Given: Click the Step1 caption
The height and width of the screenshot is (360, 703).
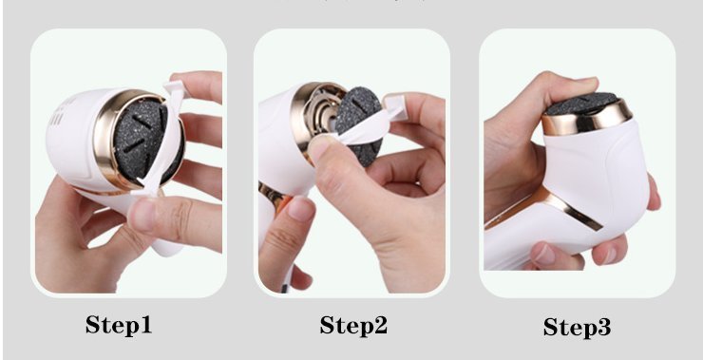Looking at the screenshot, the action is (x=119, y=325).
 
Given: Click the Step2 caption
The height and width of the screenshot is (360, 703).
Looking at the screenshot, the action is (x=353, y=325).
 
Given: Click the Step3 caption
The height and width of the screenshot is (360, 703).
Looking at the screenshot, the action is (x=577, y=327).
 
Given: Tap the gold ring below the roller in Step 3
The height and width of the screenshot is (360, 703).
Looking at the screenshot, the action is (x=587, y=119).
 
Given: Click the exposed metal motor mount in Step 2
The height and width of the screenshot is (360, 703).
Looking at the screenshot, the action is (x=319, y=118).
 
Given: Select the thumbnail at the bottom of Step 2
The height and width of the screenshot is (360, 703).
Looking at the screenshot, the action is (x=300, y=208).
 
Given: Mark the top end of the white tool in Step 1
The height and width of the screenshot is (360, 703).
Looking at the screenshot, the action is (x=174, y=84).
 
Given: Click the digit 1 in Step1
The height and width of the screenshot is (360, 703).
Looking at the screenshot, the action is (x=145, y=324).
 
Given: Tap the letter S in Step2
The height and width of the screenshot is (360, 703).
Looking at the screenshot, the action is (x=327, y=325).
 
